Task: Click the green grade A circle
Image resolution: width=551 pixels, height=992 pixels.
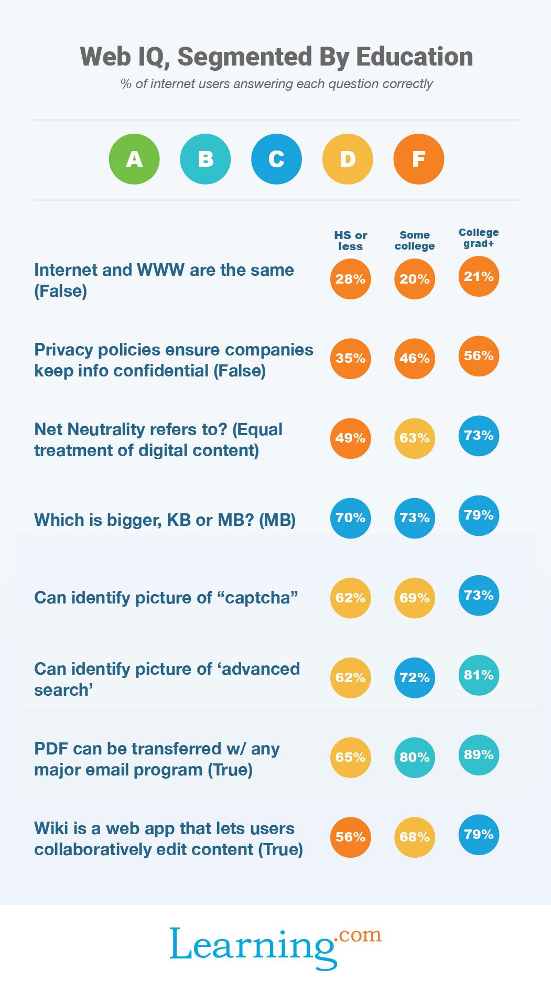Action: coord(134,159)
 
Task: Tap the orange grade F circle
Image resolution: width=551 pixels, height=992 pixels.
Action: coord(418,159)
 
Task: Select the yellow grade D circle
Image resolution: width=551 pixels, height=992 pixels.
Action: coord(348,159)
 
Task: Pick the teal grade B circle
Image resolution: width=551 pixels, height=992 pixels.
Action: coord(205,159)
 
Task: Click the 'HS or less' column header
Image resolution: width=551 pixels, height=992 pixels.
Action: coord(351,241)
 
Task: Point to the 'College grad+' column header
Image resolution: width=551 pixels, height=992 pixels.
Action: coord(479,238)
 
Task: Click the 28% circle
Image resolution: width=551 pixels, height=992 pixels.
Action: coord(351,279)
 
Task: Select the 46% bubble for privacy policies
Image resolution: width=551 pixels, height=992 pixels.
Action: coord(415,359)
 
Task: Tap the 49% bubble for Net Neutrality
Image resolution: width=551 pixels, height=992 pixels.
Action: coord(351,438)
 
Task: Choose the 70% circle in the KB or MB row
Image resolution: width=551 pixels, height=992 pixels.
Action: coord(351,518)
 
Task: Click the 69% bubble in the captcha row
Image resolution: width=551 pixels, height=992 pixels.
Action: coord(415,598)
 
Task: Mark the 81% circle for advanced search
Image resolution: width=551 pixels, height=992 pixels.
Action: coord(479,675)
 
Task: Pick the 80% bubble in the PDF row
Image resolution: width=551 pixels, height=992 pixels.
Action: coord(415,758)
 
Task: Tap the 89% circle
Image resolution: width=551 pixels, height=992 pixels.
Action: coord(479,755)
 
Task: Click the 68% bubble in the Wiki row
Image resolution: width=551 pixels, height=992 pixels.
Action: coord(415,837)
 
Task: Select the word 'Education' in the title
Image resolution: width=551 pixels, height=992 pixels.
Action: coord(414,57)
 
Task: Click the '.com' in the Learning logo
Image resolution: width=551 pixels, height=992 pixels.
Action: coord(359,935)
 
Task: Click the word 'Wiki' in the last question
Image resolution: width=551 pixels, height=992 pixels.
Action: coord(52,828)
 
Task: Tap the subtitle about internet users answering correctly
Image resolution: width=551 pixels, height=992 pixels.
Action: coord(276,84)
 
